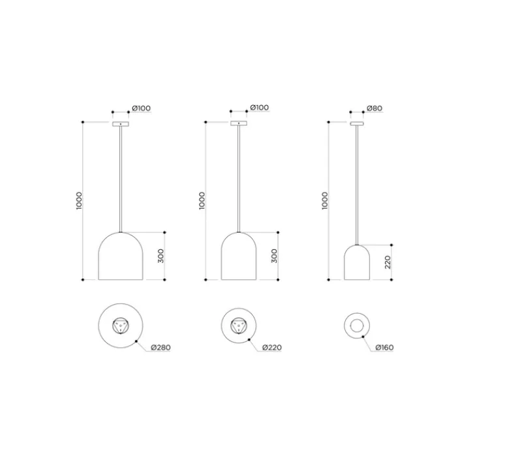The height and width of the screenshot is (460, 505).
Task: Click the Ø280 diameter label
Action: (x=161, y=347)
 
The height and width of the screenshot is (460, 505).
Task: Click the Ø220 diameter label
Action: (x=271, y=347)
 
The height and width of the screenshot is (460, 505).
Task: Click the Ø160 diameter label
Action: (x=385, y=347)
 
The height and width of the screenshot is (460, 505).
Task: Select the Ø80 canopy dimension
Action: (x=375, y=108)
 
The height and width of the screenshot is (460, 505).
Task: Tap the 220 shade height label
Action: (x=388, y=262)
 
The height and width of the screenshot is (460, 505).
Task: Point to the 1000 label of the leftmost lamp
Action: (x=79, y=200)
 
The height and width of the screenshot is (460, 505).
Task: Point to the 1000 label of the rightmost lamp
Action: (x=326, y=200)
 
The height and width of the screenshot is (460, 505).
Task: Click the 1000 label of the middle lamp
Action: (x=202, y=200)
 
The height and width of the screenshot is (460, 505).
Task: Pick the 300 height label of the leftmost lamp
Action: (x=161, y=256)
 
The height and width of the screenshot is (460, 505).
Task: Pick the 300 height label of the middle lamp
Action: (x=274, y=256)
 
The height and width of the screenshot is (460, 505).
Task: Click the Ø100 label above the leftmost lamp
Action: (x=142, y=108)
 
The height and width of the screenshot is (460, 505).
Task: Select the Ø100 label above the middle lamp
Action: (x=259, y=108)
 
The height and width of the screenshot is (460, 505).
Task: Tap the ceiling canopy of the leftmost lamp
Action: (x=121, y=123)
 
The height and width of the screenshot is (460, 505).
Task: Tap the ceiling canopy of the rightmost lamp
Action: (x=357, y=123)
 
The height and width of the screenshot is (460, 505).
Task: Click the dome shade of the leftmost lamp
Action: (x=121, y=258)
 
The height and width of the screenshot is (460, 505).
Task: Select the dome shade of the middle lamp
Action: (x=239, y=258)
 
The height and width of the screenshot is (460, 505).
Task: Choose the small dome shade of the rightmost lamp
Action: (x=357, y=263)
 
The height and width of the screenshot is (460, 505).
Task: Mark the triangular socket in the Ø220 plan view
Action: (x=239, y=326)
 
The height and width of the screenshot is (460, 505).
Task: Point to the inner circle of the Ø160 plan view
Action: (x=357, y=326)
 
